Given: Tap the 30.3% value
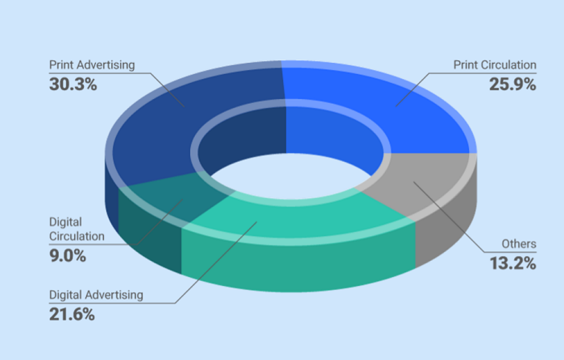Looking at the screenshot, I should click(73, 83).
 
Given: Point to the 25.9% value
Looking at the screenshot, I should click(512, 83).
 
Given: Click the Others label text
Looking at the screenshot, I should click(518, 242).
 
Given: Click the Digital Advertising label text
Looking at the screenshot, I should click(96, 295).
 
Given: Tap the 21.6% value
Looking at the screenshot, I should click(72, 315).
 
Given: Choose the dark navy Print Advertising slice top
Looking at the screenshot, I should click(177, 113).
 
